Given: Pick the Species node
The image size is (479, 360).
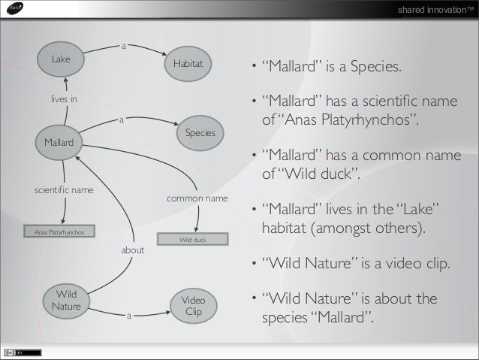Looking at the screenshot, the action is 200,133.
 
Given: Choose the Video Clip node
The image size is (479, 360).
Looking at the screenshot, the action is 194,306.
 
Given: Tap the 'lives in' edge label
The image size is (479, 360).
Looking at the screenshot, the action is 64,98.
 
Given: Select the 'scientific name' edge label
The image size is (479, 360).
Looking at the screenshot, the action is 65,190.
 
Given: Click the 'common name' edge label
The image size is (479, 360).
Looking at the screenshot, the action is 197,198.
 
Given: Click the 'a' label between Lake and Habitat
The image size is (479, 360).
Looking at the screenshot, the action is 123,47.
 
